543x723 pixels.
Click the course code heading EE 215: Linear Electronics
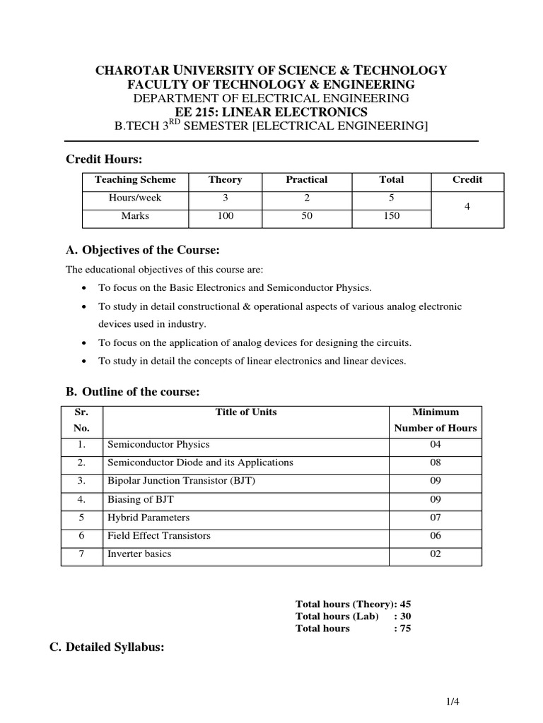[271, 112]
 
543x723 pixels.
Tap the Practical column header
[306, 180]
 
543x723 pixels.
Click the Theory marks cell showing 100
[225, 216]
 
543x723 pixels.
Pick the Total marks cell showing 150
[391, 216]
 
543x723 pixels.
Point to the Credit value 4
[467, 208]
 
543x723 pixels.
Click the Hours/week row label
[134, 198]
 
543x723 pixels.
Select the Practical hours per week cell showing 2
[306, 198]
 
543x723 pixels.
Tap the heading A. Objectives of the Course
[143, 250]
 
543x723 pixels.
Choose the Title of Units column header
[245, 412]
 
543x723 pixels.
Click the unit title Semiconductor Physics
[158, 445]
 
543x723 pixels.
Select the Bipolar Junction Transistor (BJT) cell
[180, 481]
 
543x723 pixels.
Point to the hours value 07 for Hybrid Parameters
[435, 518]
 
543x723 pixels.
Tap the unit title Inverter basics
[139, 554]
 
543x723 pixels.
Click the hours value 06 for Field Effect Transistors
[435, 536]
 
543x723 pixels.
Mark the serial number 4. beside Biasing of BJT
[82, 499]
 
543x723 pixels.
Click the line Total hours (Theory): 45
[353, 604]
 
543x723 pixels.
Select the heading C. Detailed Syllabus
[106, 646]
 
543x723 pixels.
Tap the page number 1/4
[452, 701]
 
